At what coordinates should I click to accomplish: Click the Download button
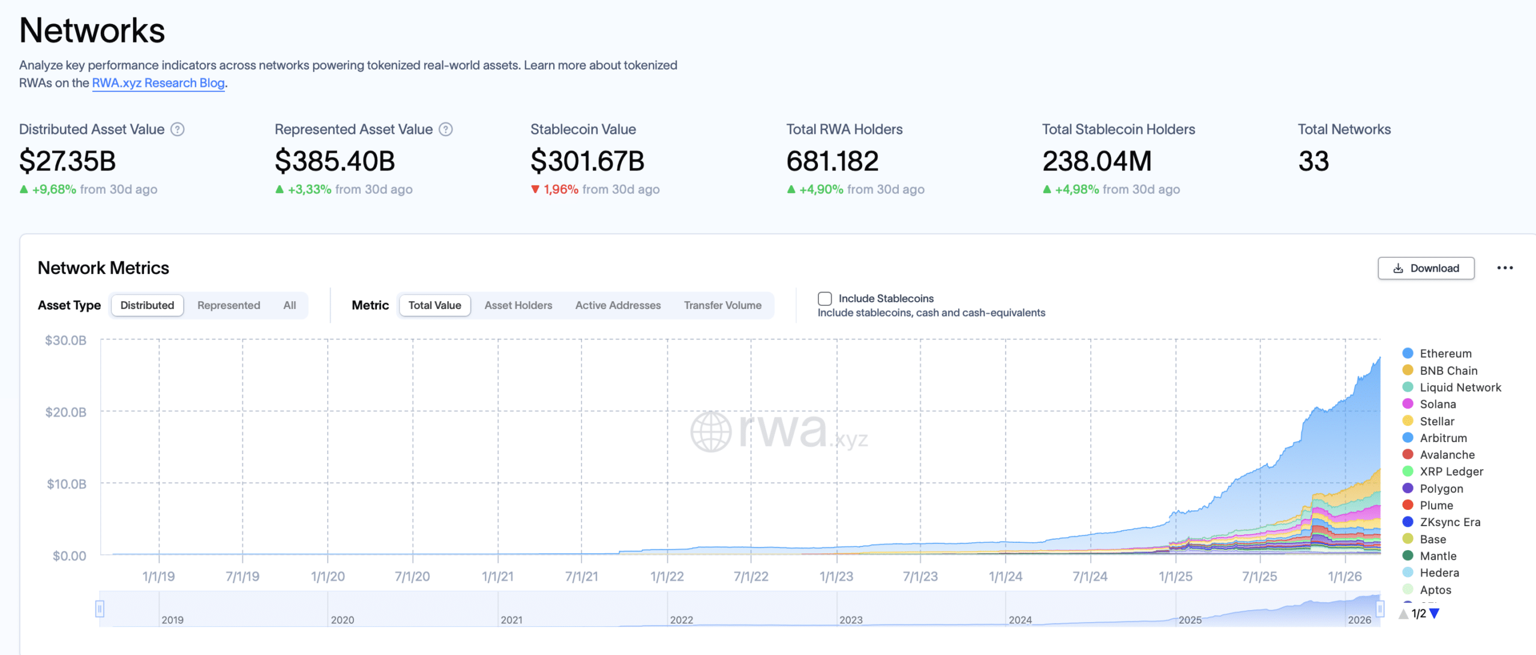coord(1426,268)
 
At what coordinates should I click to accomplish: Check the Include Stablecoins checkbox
coord(825,299)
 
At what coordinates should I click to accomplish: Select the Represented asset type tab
coord(229,305)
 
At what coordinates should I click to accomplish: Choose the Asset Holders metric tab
coord(518,305)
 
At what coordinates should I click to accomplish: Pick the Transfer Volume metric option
coord(722,305)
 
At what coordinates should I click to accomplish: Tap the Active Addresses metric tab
coord(617,305)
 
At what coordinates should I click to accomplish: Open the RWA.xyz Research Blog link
coord(158,83)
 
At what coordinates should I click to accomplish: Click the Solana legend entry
coord(1438,404)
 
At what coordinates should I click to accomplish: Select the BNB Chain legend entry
coord(1448,371)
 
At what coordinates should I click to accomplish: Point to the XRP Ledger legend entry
coord(1451,471)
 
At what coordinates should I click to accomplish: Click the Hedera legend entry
coord(1439,573)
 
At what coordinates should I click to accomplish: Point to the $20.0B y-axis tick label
coord(66,412)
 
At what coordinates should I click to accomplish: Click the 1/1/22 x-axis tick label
coord(667,576)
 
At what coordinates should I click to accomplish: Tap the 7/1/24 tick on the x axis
coord(1090,576)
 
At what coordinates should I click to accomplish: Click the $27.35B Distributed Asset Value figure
coord(68,161)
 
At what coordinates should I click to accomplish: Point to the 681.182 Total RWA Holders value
coord(832,161)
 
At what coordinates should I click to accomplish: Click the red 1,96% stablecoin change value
coord(560,190)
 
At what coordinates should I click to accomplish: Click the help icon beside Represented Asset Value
coord(446,130)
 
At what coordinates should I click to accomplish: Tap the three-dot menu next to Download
coord(1505,268)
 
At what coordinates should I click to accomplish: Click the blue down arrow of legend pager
coord(1435,614)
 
